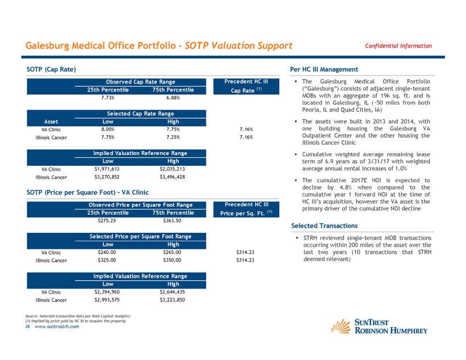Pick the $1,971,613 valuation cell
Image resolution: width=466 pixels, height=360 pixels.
107,169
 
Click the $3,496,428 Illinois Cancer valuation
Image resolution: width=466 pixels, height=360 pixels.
173,177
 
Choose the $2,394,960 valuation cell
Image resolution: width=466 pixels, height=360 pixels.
107,292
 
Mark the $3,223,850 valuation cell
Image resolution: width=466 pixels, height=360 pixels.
173,300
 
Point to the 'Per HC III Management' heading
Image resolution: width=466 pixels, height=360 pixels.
324,69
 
